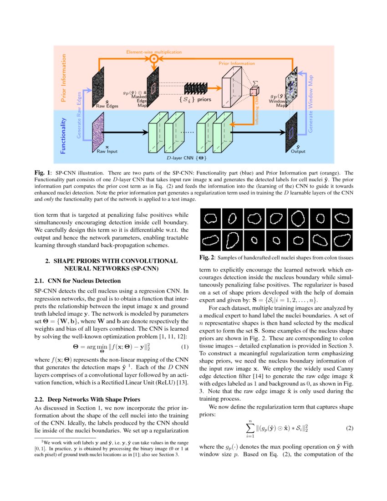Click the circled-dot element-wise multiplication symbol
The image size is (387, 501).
(154, 59)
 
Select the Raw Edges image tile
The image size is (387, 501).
(99, 88)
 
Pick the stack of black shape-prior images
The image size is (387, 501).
(196, 88)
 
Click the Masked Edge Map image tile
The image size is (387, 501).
(154, 87)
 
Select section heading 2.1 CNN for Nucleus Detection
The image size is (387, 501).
(78, 281)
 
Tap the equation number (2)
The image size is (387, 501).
(349, 429)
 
